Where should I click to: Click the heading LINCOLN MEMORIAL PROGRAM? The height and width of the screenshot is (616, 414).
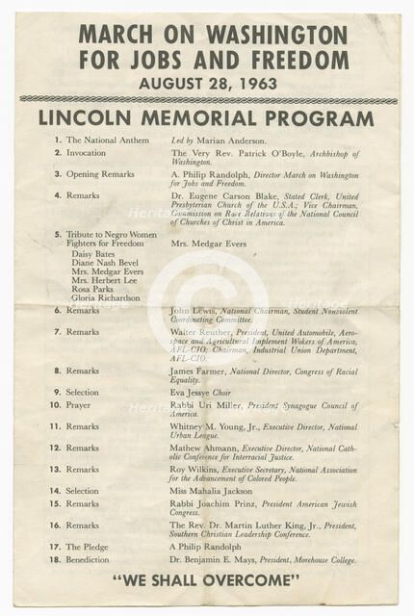coord(206,119)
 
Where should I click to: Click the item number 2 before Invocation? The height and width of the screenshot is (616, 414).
coord(58,152)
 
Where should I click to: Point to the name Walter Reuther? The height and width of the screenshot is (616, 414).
coord(201,331)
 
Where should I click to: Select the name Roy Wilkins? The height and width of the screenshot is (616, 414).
coord(193,469)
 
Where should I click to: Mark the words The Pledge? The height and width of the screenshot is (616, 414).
coord(87,547)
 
